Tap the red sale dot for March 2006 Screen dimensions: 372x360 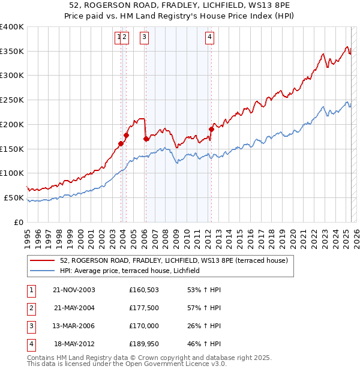146,139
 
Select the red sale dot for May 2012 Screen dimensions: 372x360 211,129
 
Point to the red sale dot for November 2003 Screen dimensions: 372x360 121,143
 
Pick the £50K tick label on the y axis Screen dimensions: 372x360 14,197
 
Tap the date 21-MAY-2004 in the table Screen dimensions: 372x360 74,308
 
